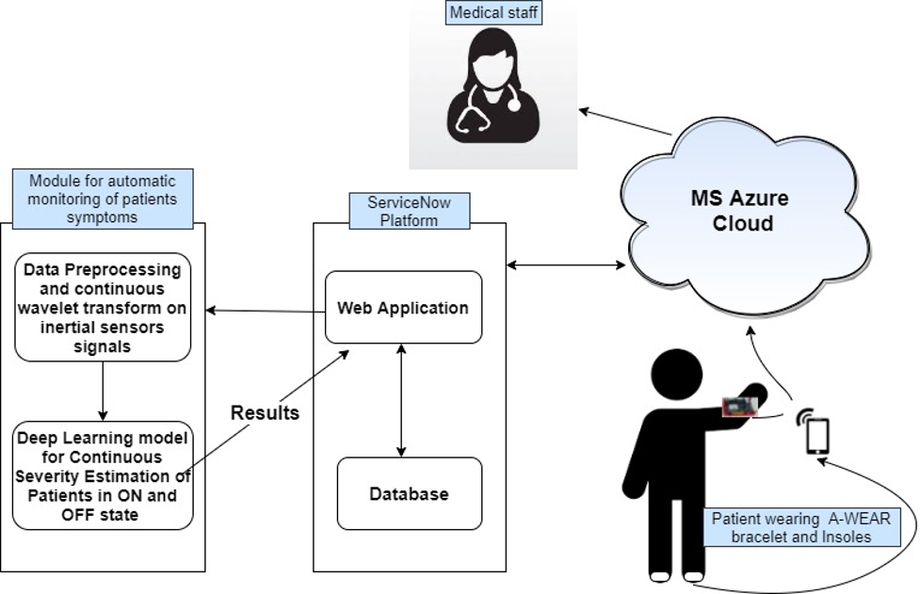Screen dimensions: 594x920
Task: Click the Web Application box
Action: [403, 308]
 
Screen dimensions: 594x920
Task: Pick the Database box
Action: [409, 493]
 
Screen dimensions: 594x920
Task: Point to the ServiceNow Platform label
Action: [409, 211]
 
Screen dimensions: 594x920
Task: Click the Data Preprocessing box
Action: [103, 307]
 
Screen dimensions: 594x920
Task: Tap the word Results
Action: [265, 412]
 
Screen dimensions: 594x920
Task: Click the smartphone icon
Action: [817, 437]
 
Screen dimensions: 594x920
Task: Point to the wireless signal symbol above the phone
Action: [804, 415]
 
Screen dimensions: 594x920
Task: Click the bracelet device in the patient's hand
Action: [740, 407]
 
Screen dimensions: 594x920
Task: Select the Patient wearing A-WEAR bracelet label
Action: [800, 528]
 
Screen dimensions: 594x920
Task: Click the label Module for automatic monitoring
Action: [103, 198]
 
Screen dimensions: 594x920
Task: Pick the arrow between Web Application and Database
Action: [402, 400]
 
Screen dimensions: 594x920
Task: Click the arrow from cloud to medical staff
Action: [625, 122]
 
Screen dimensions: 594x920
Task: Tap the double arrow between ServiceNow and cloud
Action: [565, 265]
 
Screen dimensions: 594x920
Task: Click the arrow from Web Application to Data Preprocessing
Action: [265, 310]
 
